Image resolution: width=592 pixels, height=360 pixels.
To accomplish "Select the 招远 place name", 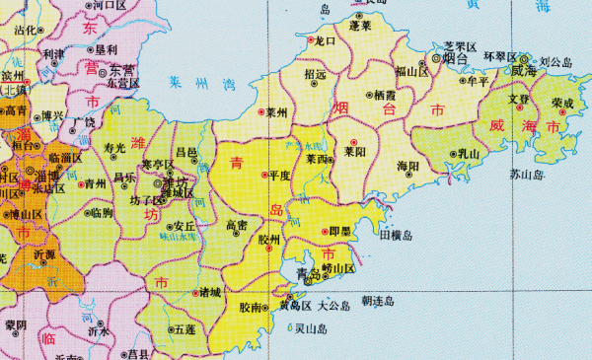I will [x=316, y=74].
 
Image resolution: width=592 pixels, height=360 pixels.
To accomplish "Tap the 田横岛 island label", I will [x=396, y=237].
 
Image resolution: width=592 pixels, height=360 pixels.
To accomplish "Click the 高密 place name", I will [x=238, y=226].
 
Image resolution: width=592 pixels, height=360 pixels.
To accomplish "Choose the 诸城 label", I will [x=209, y=292].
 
